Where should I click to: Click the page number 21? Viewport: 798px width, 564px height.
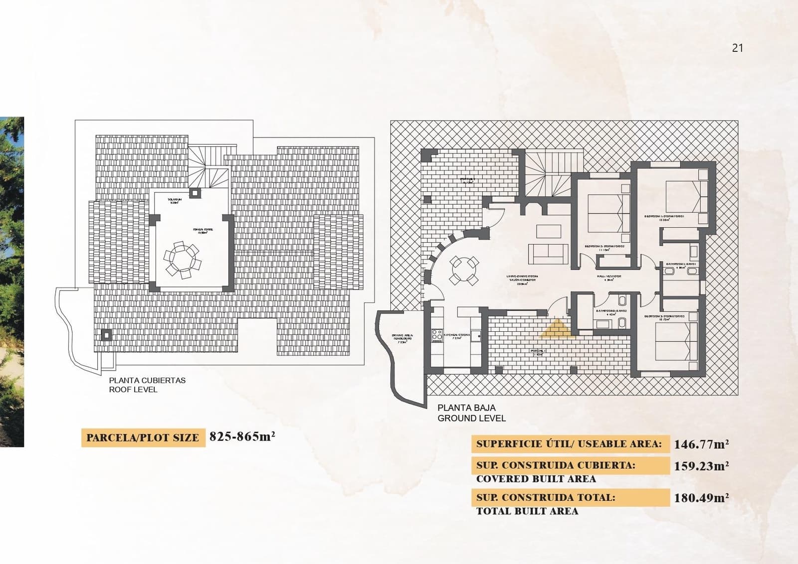click(x=737, y=48)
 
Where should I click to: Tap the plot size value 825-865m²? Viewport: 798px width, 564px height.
click(x=242, y=437)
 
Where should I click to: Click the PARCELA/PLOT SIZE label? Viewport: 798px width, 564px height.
click(x=143, y=438)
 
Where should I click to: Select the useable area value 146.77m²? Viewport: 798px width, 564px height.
click(x=701, y=444)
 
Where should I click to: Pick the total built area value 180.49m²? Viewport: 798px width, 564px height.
click(x=701, y=498)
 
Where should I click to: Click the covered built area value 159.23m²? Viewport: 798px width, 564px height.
click(x=701, y=466)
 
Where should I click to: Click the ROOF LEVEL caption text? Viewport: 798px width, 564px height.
click(x=133, y=390)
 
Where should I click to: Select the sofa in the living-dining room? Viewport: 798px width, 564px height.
click(x=548, y=254)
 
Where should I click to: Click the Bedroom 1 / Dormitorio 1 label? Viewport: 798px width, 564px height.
click(x=664, y=217)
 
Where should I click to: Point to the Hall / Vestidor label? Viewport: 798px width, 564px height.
click(x=609, y=277)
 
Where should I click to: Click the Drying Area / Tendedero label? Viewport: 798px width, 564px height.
click(x=402, y=338)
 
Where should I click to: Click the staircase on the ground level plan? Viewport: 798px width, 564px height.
click(x=553, y=174)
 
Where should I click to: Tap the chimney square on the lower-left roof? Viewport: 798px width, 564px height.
click(x=106, y=335)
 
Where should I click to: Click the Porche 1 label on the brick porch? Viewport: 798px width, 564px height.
click(x=539, y=352)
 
